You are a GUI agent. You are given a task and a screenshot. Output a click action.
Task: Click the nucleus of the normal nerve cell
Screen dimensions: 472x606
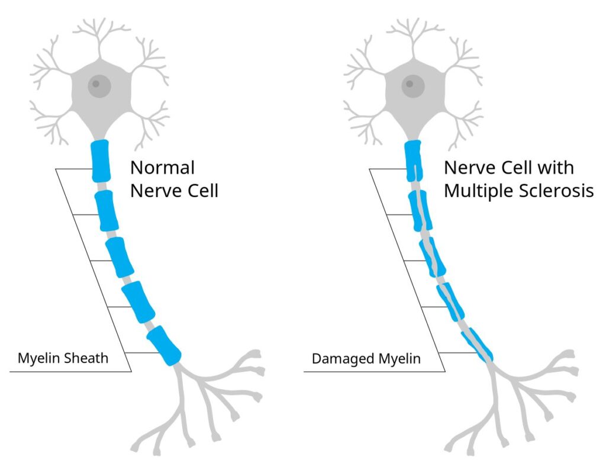click(x=99, y=86)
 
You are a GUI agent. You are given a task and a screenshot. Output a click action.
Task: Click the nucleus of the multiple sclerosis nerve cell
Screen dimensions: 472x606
click(x=413, y=86)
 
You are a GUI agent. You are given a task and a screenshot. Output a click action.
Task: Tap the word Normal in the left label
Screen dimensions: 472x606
click(x=162, y=168)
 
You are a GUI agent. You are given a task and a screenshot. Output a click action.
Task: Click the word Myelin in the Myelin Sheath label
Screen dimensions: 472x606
click(x=38, y=358)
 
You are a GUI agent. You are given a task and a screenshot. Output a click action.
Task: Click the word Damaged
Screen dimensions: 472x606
click(x=339, y=358)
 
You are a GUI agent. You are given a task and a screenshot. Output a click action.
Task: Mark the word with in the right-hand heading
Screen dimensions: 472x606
click(x=556, y=168)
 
